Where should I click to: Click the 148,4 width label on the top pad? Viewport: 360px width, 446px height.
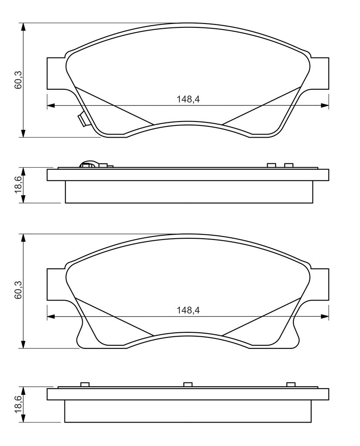tap(188, 99)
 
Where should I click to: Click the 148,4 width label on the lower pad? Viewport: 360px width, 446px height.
tap(188, 310)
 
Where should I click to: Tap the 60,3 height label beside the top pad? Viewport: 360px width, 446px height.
tap(18, 80)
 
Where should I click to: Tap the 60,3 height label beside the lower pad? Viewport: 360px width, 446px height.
tap(18, 290)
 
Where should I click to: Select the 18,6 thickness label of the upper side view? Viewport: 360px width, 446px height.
tap(18, 185)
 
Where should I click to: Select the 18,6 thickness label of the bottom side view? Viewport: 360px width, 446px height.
tap(18, 404)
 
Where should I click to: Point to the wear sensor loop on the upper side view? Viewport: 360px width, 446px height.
tap(89, 165)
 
